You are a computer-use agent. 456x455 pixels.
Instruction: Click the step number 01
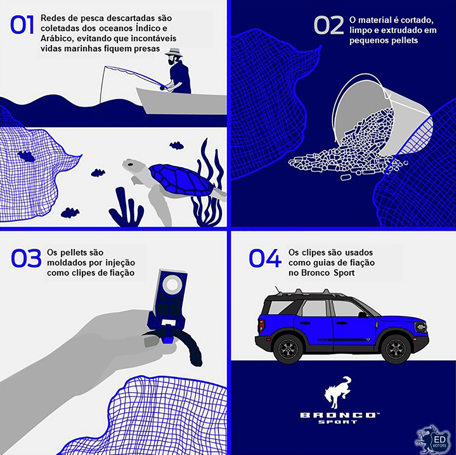pos(22,25)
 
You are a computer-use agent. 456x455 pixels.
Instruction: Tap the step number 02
pos(329,26)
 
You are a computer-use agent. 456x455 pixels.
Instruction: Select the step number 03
pos(26,258)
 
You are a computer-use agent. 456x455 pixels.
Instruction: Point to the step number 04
pos(265,258)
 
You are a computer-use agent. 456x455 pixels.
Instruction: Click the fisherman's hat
pos(174,53)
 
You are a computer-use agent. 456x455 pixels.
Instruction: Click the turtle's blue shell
pos(181,179)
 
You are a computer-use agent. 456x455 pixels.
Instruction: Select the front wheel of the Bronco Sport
pos(396,348)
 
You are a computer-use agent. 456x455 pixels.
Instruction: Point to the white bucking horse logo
pos(338,393)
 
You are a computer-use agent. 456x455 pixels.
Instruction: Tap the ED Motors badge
pos(433,440)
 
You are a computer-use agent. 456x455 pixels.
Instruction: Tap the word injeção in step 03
pos(121,263)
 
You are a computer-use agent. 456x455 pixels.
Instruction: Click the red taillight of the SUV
pos(261,326)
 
